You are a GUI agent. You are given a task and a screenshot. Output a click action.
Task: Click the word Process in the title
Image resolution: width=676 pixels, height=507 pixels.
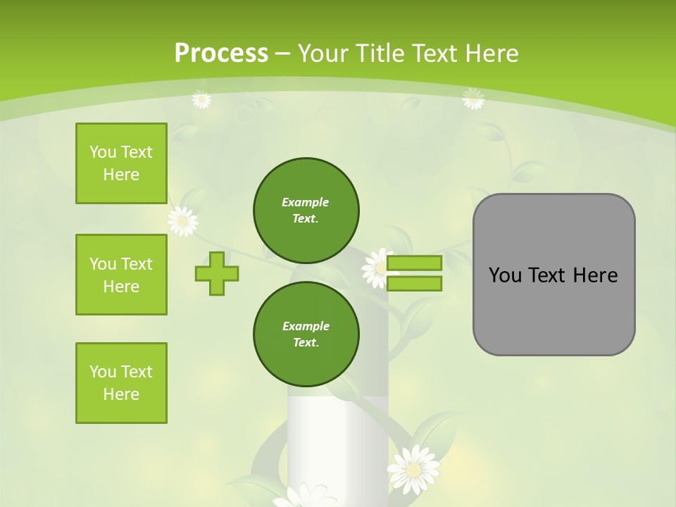tap(221, 54)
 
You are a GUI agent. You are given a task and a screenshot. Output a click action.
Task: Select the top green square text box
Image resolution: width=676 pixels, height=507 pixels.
tap(121, 163)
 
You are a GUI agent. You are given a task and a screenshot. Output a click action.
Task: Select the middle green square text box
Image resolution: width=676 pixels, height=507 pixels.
tap(121, 275)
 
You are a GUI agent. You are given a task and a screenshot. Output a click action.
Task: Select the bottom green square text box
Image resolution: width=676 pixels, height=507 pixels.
tap(121, 383)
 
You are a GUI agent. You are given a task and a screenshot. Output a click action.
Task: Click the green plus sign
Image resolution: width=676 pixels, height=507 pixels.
tap(217, 273)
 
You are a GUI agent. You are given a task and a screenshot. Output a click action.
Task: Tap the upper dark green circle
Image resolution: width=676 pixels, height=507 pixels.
tap(306, 211)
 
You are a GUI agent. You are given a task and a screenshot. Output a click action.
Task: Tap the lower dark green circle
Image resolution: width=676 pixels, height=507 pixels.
tap(306, 334)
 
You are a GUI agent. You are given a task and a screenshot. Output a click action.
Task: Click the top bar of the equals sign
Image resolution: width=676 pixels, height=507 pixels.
tap(414, 263)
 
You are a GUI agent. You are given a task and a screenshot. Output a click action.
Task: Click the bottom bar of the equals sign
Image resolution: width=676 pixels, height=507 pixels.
tap(414, 283)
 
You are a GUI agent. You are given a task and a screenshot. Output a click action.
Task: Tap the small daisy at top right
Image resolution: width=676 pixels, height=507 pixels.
tap(473, 99)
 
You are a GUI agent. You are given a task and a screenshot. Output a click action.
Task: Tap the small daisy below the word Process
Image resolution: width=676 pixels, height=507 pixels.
tap(202, 99)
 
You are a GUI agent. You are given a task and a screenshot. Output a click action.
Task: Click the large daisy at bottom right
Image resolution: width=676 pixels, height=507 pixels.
tap(413, 468)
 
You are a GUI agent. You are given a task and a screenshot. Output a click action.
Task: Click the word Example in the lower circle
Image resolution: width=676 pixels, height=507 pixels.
tap(306, 326)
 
